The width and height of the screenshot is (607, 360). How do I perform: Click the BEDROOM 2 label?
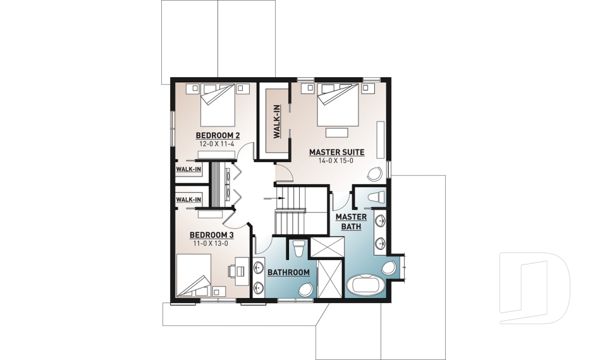tap(218, 135)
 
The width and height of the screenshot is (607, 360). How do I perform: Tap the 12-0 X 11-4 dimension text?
tap(218, 144)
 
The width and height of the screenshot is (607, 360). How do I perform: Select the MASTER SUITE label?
tap(336, 152)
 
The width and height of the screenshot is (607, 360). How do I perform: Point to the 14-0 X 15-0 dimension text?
tap(336, 161)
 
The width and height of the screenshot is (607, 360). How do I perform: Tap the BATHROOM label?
tap(288, 273)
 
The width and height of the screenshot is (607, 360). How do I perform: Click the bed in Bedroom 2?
tap(218, 106)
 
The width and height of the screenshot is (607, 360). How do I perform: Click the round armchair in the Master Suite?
tap(374, 174)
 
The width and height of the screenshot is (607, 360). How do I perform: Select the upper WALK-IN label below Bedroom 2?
tap(188, 170)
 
